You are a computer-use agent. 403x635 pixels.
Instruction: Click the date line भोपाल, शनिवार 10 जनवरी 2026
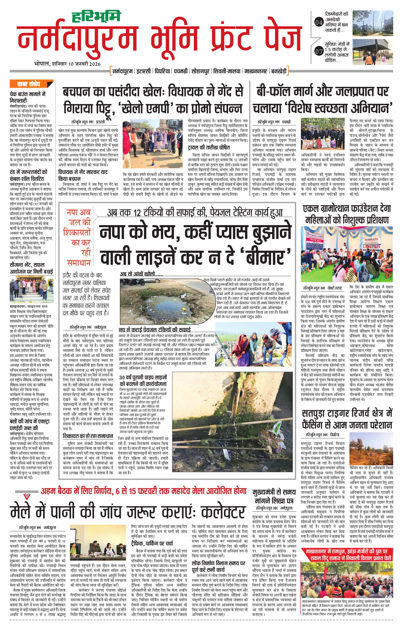pyautogui.click(x=68, y=64)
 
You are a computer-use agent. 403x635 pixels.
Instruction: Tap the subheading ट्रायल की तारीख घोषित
pyautogui.click(x=209, y=147)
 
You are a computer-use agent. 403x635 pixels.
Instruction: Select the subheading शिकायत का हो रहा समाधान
pyautogui.click(x=88, y=436)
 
